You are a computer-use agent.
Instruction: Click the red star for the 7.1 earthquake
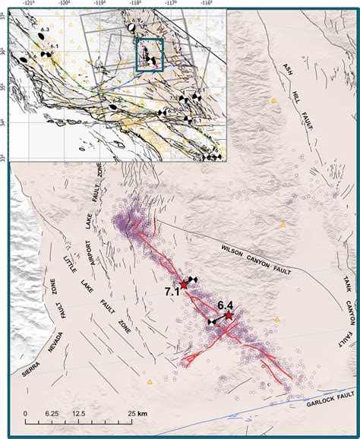[184, 284]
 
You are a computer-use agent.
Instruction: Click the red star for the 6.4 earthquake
[229, 314]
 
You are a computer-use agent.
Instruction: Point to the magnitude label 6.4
[225, 305]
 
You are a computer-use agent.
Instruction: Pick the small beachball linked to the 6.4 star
[211, 322]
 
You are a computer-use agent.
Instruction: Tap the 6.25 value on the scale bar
[52, 414]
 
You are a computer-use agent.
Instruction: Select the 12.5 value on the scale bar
[80, 414]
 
